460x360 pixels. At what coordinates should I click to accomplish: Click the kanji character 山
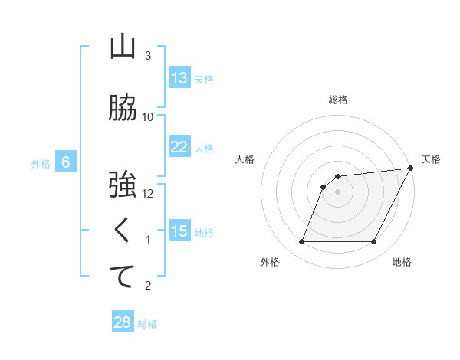click(x=123, y=48)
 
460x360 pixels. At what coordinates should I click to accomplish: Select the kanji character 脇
click(x=123, y=109)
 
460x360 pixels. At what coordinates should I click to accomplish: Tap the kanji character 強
click(x=123, y=185)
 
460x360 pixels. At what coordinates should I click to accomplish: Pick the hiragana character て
click(x=123, y=277)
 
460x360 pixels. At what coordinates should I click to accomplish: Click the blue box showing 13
click(x=179, y=78)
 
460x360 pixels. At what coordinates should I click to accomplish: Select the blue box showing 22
click(x=179, y=147)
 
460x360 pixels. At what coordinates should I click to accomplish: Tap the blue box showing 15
click(x=179, y=231)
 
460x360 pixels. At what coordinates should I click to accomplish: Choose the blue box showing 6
click(x=66, y=162)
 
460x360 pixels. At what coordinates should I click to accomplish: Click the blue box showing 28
click(x=123, y=322)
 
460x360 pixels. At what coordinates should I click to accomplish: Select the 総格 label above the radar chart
click(x=338, y=100)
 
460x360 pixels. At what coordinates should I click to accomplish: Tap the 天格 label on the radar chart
click(x=431, y=159)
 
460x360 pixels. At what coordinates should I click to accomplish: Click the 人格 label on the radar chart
click(x=245, y=159)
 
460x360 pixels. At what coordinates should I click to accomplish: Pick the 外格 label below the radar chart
click(x=270, y=262)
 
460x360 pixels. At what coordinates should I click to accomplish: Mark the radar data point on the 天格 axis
click(x=411, y=169)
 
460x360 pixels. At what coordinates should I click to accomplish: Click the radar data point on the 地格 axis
click(x=374, y=242)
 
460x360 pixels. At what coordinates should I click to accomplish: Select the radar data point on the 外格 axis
click(x=302, y=242)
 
